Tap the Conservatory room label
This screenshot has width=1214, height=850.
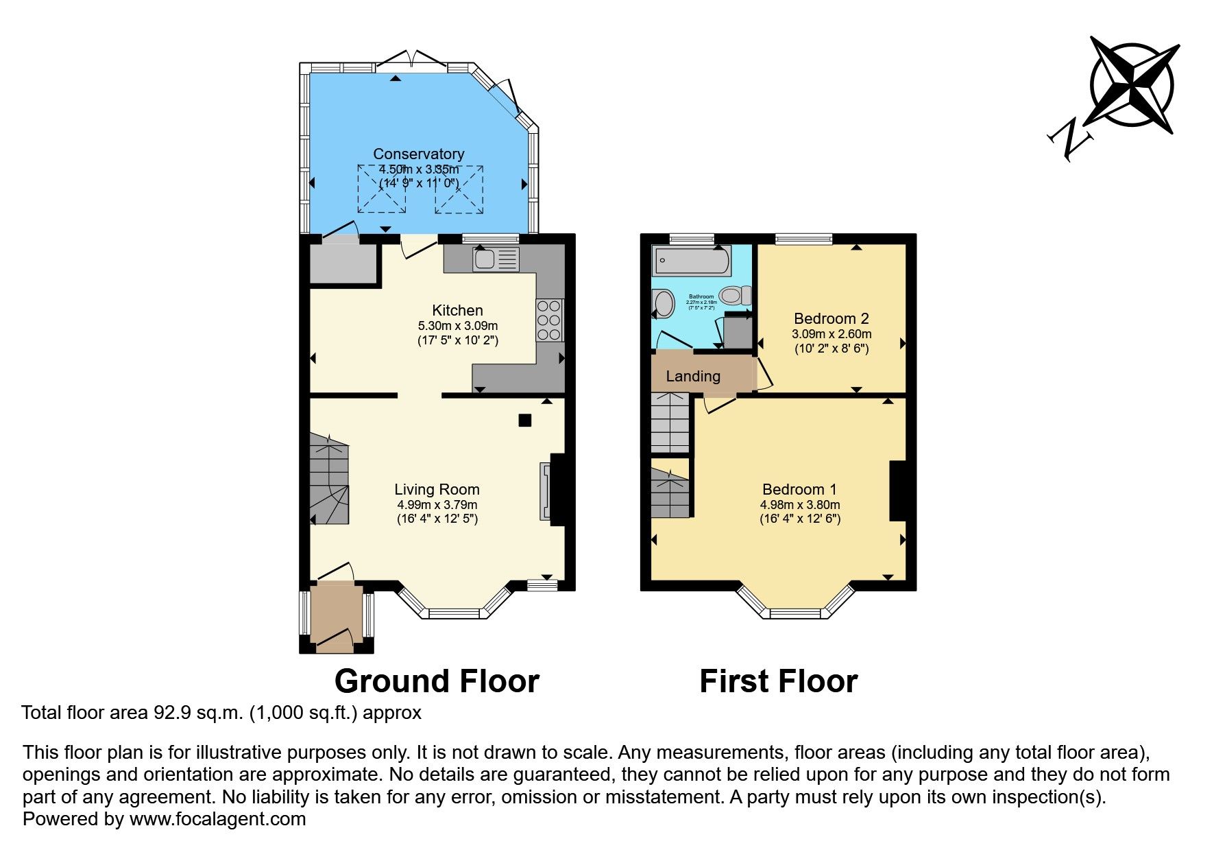[x=418, y=154]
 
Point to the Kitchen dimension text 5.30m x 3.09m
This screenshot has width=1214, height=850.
[x=457, y=326]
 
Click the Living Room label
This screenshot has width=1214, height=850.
[x=437, y=489]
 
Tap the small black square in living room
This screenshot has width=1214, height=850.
[x=524, y=421]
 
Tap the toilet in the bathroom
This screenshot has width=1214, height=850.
[x=735, y=295]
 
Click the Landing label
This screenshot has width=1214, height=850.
[x=693, y=376]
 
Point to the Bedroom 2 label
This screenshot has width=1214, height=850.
[x=831, y=318]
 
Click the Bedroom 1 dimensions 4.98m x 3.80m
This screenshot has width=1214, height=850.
[x=799, y=504]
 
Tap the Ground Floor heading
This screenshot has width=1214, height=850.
[x=437, y=681]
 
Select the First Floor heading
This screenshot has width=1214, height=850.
[x=778, y=681]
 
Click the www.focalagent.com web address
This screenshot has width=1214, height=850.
[x=217, y=819]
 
